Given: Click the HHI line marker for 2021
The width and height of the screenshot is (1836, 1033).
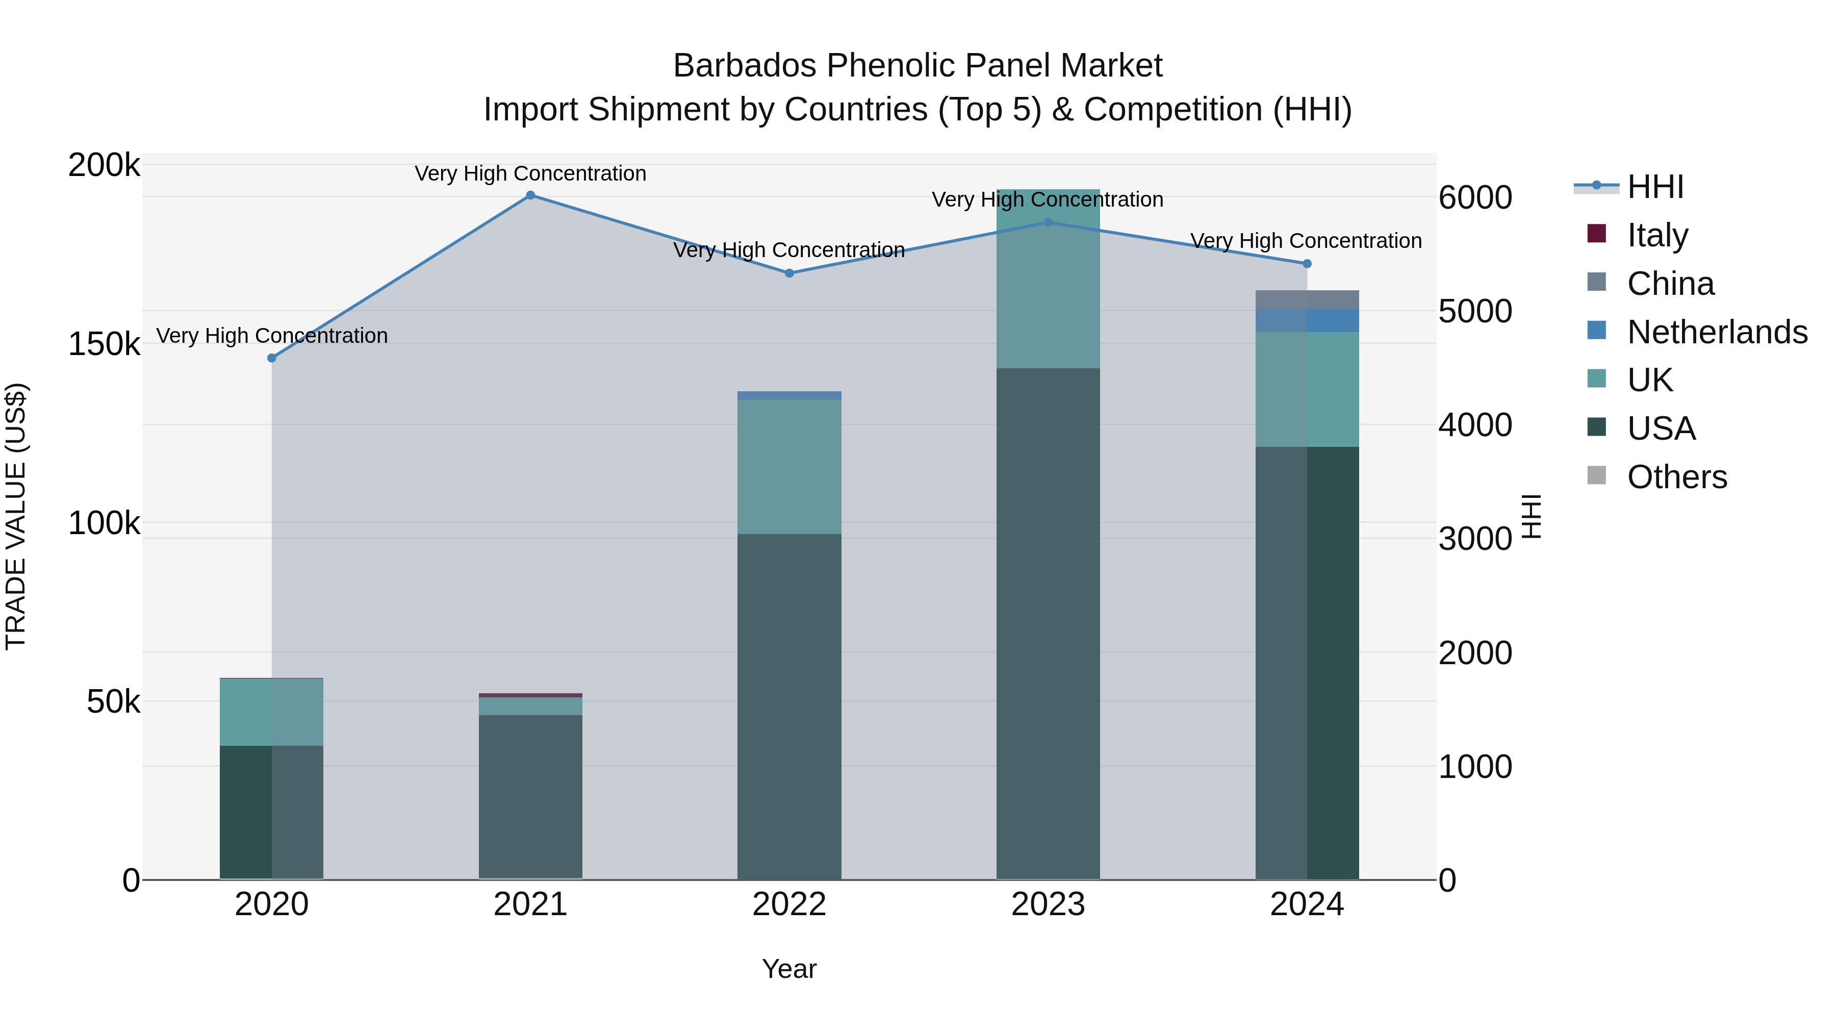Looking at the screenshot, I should tap(530, 195).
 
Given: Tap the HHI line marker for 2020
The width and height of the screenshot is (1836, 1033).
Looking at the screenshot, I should tap(271, 358).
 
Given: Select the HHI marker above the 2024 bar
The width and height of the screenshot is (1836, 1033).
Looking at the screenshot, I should tap(1307, 264).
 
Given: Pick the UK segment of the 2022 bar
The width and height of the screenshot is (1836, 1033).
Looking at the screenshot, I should tap(789, 467).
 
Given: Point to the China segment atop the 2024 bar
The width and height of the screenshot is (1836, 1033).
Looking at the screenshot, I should tap(1307, 300).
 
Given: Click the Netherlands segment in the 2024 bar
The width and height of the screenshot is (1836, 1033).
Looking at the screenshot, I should tap(1307, 321).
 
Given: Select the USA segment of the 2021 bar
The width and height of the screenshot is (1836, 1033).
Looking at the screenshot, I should tap(530, 796).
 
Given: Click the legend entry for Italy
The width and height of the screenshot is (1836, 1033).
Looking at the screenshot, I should tap(1657, 235).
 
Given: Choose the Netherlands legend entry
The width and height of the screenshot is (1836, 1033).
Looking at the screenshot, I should tap(1716, 332).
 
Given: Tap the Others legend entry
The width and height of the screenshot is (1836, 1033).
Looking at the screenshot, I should tap(1676, 477).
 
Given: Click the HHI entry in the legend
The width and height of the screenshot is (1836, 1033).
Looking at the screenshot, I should tap(1655, 187).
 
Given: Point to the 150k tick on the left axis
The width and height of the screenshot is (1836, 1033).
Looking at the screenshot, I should tap(104, 344).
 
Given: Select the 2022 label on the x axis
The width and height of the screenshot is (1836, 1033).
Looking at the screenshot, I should tap(789, 904).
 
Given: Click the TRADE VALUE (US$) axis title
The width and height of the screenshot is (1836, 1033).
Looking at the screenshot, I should tap(16, 516).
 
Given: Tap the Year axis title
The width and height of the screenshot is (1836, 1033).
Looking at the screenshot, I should tap(789, 969).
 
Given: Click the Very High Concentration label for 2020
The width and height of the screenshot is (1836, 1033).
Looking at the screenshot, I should tap(271, 335).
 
